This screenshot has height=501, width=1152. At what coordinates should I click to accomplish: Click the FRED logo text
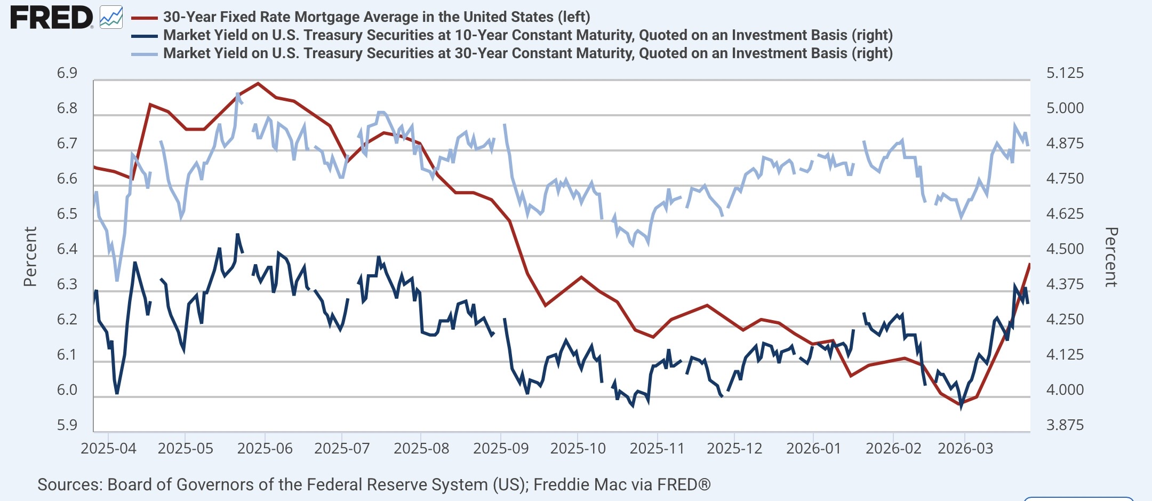point(52,18)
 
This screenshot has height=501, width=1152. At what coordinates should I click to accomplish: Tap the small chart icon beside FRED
point(111,18)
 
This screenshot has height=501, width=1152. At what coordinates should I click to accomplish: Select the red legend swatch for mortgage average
point(144,18)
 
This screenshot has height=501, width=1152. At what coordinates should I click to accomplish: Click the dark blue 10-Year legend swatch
point(144,36)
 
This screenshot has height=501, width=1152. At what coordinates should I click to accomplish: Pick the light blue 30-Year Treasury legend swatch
point(144,54)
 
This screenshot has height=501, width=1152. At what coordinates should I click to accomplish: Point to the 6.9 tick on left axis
point(67,73)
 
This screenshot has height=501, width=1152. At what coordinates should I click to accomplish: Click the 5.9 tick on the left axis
point(67,425)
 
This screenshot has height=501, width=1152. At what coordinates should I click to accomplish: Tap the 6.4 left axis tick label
point(67,249)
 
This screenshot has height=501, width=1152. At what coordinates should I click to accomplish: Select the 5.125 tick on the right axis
point(1065,73)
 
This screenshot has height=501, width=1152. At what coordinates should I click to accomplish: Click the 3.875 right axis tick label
point(1065,425)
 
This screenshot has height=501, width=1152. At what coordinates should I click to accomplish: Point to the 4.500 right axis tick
point(1065,249)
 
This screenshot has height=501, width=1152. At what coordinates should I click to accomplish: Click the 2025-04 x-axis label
point(108,448)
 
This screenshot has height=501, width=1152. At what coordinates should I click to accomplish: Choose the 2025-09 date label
point(501,448)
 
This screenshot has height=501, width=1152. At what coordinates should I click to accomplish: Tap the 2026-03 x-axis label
point(965,448)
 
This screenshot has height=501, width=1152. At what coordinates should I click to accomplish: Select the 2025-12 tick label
point(734,448)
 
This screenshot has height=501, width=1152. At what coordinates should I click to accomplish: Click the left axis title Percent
point(30,257)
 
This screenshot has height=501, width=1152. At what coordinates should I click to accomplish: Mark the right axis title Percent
point(1111,257)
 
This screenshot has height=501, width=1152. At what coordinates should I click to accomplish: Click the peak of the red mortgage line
point(258,83)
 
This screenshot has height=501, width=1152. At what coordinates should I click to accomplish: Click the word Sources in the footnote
point(69,484)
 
